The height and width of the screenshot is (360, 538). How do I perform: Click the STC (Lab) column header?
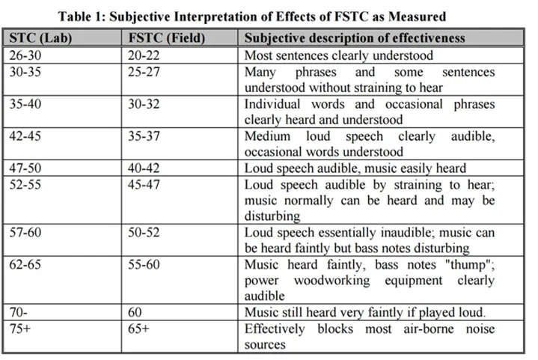[x=40, y=37]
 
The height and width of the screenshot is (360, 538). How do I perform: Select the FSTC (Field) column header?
[x=167, y=37]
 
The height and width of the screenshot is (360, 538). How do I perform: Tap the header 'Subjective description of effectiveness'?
[x=355, y=37]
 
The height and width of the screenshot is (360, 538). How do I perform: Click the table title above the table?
[x=252, y=16]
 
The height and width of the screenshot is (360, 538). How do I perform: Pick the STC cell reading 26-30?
[x=25, y=55]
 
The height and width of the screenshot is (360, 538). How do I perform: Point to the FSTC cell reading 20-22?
[x=144, y=55]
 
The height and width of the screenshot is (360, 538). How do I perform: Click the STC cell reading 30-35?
[x=25, y=72]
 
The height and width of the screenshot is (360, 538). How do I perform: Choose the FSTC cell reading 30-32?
[x=144, y=104]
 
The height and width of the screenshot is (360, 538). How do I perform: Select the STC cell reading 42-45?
[x=25, y=136]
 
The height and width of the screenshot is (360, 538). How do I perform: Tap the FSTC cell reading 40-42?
[x=144, y=168]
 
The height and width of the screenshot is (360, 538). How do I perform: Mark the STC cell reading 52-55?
[x=25, y=185]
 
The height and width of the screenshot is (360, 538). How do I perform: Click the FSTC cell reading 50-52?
[x=144, y=232]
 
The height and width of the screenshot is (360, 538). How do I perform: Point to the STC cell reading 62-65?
[x=25, y=265]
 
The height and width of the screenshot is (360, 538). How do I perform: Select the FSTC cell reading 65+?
[x=138, y=329]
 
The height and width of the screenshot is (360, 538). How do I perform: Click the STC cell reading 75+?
[x=20, y=329]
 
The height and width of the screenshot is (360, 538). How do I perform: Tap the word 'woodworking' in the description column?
[x=331, y=281]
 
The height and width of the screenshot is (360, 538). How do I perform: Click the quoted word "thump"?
[x=470, y=265]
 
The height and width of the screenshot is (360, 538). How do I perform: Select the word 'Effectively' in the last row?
[x=275, y=329]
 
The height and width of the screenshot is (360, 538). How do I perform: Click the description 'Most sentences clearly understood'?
[x=339, y=55]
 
